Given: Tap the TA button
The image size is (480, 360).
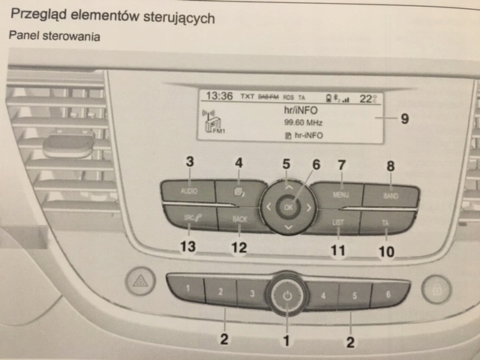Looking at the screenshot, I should pyautogui.click(x=385, y=222).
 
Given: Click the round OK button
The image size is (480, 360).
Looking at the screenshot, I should pyautogui.click(x=287, y=205).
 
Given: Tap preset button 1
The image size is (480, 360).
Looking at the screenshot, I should pyautogui.click(x=187, y=289).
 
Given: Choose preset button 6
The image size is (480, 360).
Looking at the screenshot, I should pyautogui.click(x=388, y=294).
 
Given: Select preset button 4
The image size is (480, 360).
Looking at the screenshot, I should pyautogui.click(x=324, y=294).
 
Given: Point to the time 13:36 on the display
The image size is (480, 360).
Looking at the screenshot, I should pyautogui.click(x=219, y=97).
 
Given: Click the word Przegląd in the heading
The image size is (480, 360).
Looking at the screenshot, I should pyautogui.click(x=37, y=16).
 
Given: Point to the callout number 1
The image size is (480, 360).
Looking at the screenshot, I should pyautogui.click(x=284, y=340).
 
